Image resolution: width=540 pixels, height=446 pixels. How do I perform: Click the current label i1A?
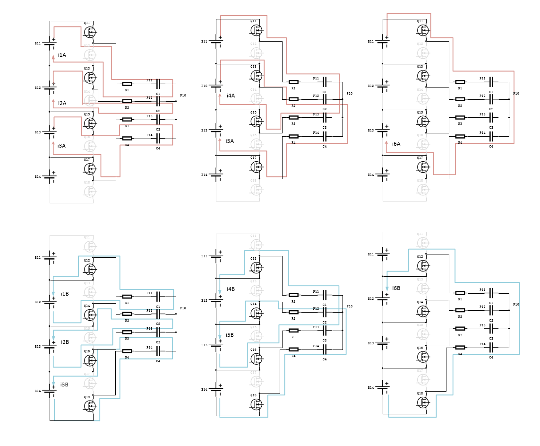pos(62,55)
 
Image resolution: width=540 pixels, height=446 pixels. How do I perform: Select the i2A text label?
pos(62,104)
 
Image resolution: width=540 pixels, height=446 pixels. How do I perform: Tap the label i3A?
pos(61,146)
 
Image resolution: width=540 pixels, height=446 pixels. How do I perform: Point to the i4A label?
pos(231,96)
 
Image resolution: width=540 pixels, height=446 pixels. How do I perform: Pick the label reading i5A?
pos(230,141)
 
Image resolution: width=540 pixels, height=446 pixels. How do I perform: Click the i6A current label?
pos(396,144)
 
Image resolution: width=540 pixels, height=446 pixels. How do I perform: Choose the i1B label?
pos(65,294)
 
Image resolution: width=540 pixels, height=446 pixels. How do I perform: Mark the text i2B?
pos(65,342)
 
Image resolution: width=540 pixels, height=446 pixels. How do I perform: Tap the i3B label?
pos(64,385)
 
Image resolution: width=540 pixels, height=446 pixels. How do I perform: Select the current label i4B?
pos(231,289)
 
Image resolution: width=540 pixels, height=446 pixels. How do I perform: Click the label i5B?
pos(230,335)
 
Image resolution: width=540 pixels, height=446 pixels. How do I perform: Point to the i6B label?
pos(396,289)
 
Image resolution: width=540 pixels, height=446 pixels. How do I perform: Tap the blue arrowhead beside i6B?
pos(387,288)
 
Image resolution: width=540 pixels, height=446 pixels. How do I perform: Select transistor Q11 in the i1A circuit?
pos(90,32)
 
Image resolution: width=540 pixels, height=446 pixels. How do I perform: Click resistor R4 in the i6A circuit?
pos(460,136)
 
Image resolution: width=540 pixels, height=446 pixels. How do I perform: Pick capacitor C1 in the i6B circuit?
pos(491,293)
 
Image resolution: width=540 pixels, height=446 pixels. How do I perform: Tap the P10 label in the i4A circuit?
pos(350,94)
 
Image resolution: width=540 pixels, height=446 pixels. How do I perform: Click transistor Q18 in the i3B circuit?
pos(90,405)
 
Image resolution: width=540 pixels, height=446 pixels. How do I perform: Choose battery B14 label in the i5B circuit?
pos(204,390)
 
